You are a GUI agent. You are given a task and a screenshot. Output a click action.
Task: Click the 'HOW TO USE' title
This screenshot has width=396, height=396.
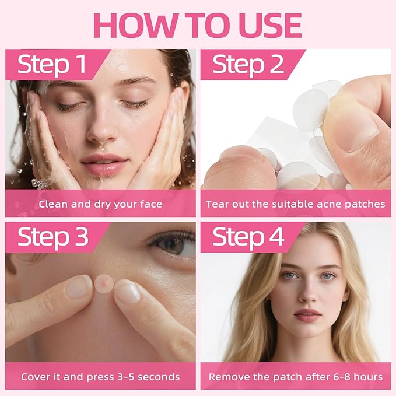pos(197,24)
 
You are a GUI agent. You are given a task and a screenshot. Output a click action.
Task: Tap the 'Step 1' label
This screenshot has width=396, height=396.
pos(52,65)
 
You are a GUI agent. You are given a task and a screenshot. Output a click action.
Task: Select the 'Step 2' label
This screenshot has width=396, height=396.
pos(247,65)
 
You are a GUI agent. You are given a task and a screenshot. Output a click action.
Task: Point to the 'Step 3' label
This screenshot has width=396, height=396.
pos(52,237)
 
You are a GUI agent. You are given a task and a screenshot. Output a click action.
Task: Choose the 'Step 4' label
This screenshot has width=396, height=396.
pos(247,237)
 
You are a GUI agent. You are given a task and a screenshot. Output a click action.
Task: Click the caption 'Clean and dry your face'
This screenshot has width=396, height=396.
pos(100,204)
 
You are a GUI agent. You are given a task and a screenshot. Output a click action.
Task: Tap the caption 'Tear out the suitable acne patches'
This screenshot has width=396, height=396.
pos(295,204)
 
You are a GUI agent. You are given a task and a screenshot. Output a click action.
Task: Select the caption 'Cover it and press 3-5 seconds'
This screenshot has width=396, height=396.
pos(100,376)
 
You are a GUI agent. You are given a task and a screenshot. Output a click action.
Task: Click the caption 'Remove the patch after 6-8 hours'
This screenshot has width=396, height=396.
pos(295,376)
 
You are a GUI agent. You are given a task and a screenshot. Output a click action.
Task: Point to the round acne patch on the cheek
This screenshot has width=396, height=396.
pos(104,283)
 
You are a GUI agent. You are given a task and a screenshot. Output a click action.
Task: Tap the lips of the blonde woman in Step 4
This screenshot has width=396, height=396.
pos(307,314)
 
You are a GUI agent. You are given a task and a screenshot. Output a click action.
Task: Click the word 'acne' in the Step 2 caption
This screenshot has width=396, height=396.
pos(332,204)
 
